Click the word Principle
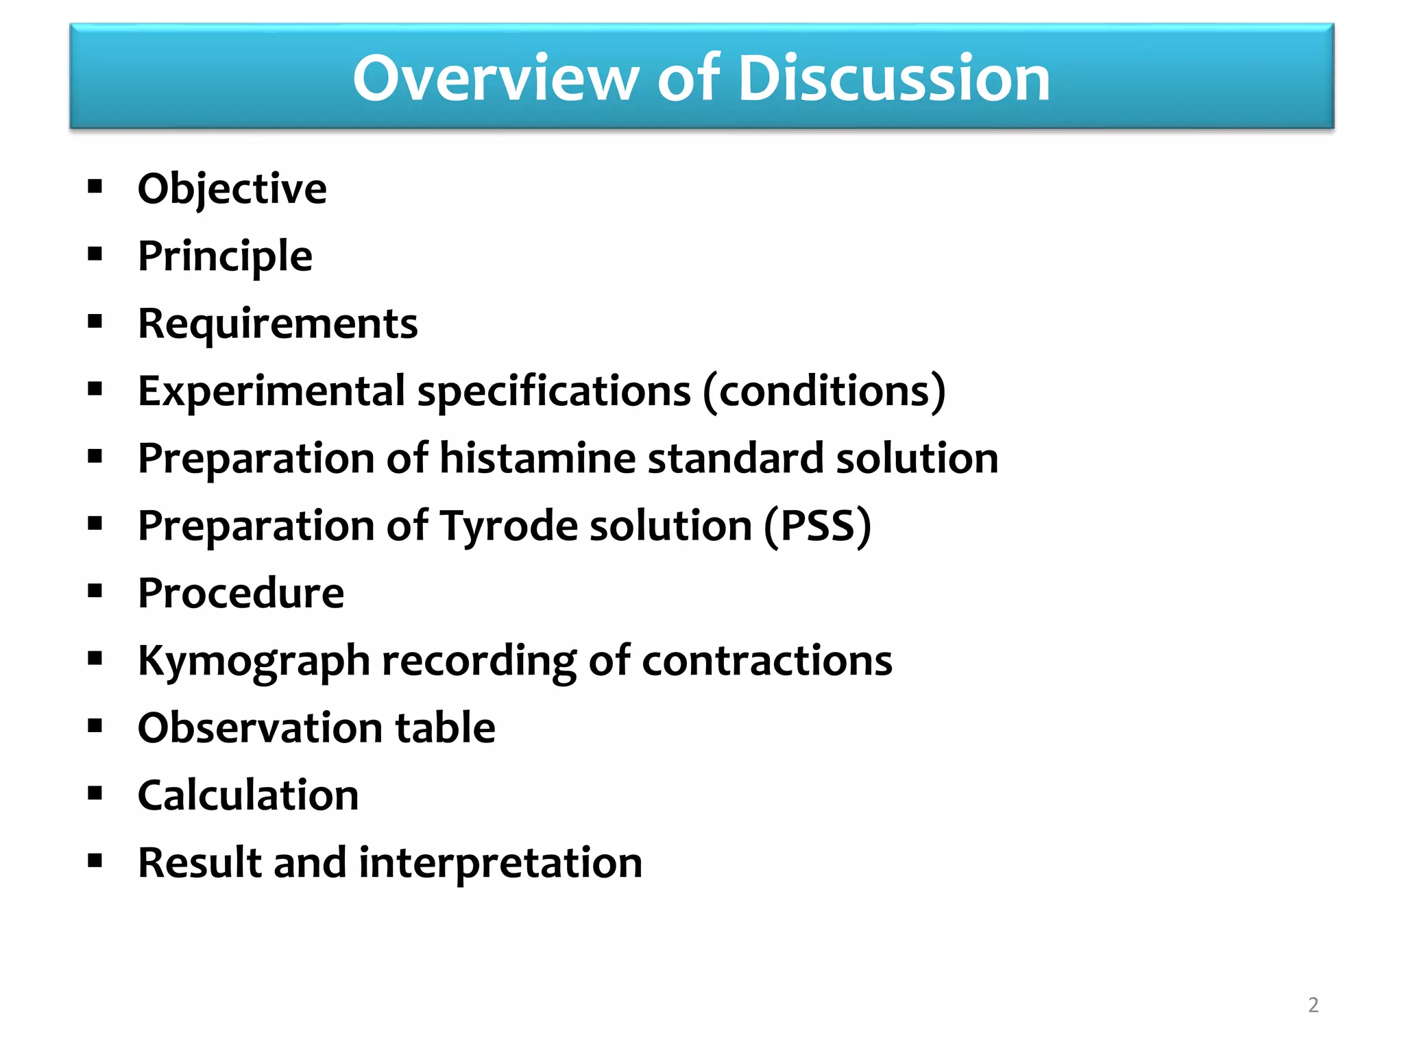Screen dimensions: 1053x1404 point(225,256)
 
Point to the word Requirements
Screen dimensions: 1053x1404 point(278,324)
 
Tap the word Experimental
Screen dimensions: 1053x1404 point(271,391)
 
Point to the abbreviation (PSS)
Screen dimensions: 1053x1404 point(817,526)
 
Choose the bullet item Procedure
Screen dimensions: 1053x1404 point(241,593)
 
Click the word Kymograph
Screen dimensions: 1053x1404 point(254,661)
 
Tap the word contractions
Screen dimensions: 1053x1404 point(766,661)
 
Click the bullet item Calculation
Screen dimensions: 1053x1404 point(247,795)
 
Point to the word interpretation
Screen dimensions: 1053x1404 point(500,862)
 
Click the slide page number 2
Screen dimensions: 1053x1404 point(1313,1005)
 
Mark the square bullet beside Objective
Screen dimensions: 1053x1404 point(95,186)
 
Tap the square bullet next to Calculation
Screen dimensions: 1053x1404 point(95,793)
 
